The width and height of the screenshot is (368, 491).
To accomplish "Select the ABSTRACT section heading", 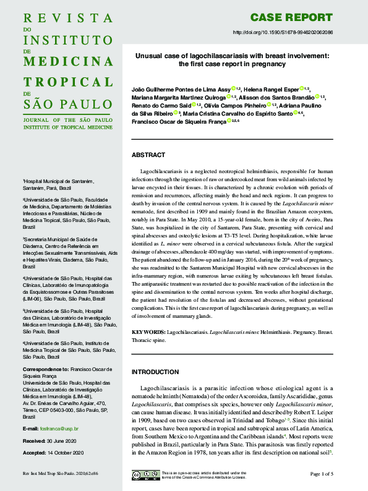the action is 149,155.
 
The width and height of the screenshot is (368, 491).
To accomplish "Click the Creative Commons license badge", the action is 144,475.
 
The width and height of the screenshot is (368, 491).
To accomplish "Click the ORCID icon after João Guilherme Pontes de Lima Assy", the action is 233,89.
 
